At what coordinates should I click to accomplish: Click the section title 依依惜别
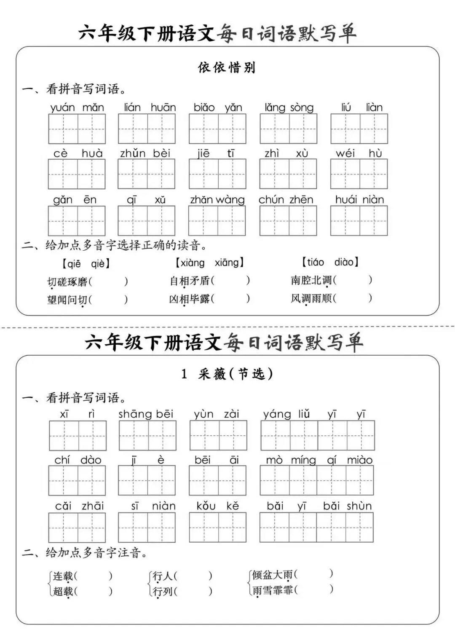tap(227, 67)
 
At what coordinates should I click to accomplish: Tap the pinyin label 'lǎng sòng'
tap(289, 108)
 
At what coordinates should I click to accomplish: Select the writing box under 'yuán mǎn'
tap(77, 129)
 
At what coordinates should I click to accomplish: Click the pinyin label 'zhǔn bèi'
tap(145, 153)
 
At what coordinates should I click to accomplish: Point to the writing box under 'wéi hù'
tap(359, 174)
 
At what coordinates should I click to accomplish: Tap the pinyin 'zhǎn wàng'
tap(217, 199)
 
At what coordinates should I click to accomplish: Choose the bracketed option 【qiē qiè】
tap(86, 264)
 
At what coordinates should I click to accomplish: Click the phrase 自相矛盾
tap(190, 281)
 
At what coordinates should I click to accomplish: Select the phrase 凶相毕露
tap(190, 299)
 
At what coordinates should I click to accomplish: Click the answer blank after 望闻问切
tap(108, 300)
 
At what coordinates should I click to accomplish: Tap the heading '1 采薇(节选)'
tap(227, 374)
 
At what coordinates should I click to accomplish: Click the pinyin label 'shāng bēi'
tap(146, 414)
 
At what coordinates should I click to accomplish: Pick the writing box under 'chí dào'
tap(77, 481)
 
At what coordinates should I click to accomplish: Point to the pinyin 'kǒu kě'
tap(217, 506)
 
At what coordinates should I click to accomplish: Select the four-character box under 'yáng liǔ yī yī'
tap(318, 435)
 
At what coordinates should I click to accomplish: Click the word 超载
tap(63, 591)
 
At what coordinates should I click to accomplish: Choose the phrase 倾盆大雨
tap(272, 574)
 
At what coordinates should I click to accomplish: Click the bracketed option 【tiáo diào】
tap(330, 262)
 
